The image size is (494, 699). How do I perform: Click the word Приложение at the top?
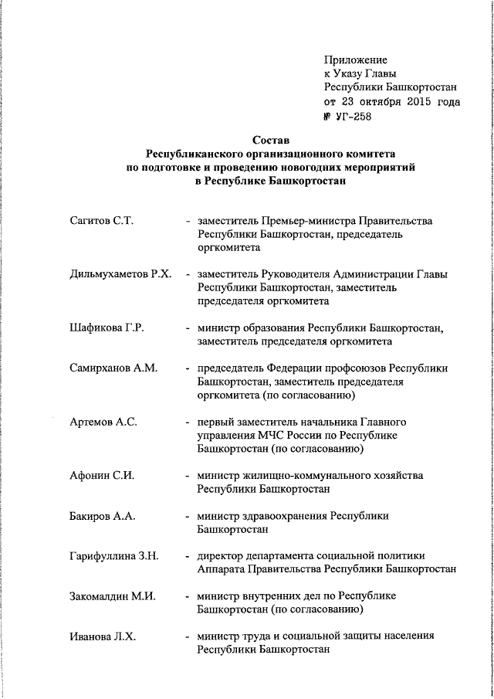(356, 59)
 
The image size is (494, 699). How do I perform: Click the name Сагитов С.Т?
(102, 221)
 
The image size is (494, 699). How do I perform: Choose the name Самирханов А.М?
(113, 368)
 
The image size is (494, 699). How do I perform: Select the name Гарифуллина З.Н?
(113, 556)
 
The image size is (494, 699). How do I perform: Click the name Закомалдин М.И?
(113, 596)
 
